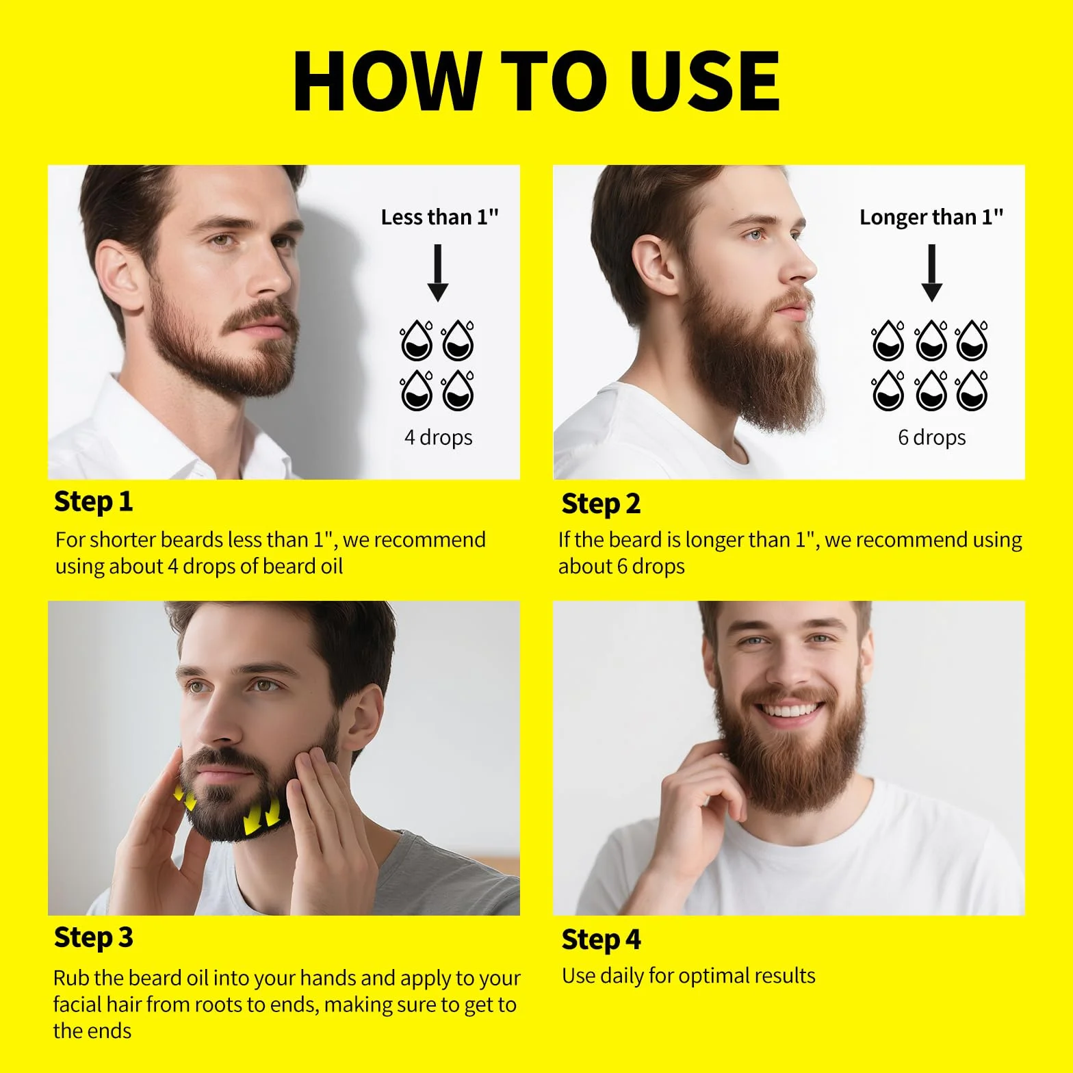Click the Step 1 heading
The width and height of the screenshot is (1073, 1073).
coord(93,502)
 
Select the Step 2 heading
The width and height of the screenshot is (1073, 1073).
coord(601,504)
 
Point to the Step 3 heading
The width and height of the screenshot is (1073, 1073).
coord(93,938)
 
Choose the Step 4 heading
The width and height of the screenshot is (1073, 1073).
coord(601,940)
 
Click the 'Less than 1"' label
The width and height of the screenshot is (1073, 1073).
coord(439,217)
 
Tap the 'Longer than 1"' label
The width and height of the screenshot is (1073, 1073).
coord(931,217)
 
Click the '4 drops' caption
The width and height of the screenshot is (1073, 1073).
coord(438,437)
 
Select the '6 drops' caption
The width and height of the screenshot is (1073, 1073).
coord(931,437)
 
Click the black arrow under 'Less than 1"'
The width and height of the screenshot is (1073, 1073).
coord(438,273)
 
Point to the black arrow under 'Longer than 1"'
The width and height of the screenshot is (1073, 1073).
coord(931,273)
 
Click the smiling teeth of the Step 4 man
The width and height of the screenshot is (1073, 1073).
coord(790,710)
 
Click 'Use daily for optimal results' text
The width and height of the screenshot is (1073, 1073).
coord(688,976)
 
